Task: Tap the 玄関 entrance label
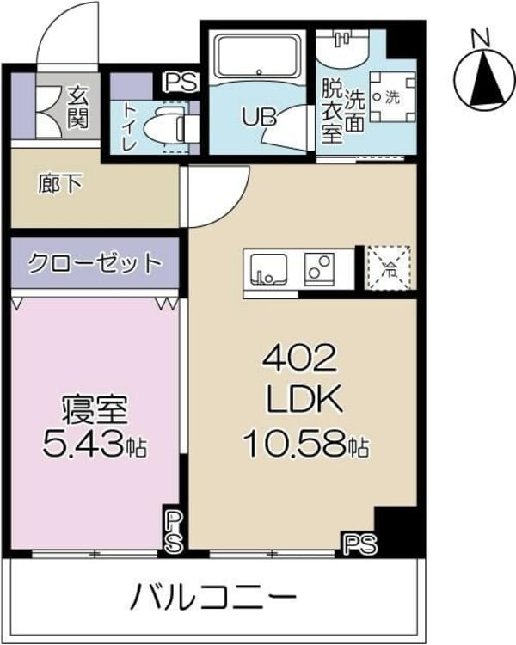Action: [78, 106]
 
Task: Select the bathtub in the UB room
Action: [255, 56]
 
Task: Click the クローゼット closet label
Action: [95, 262]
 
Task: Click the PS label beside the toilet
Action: [181, 83]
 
